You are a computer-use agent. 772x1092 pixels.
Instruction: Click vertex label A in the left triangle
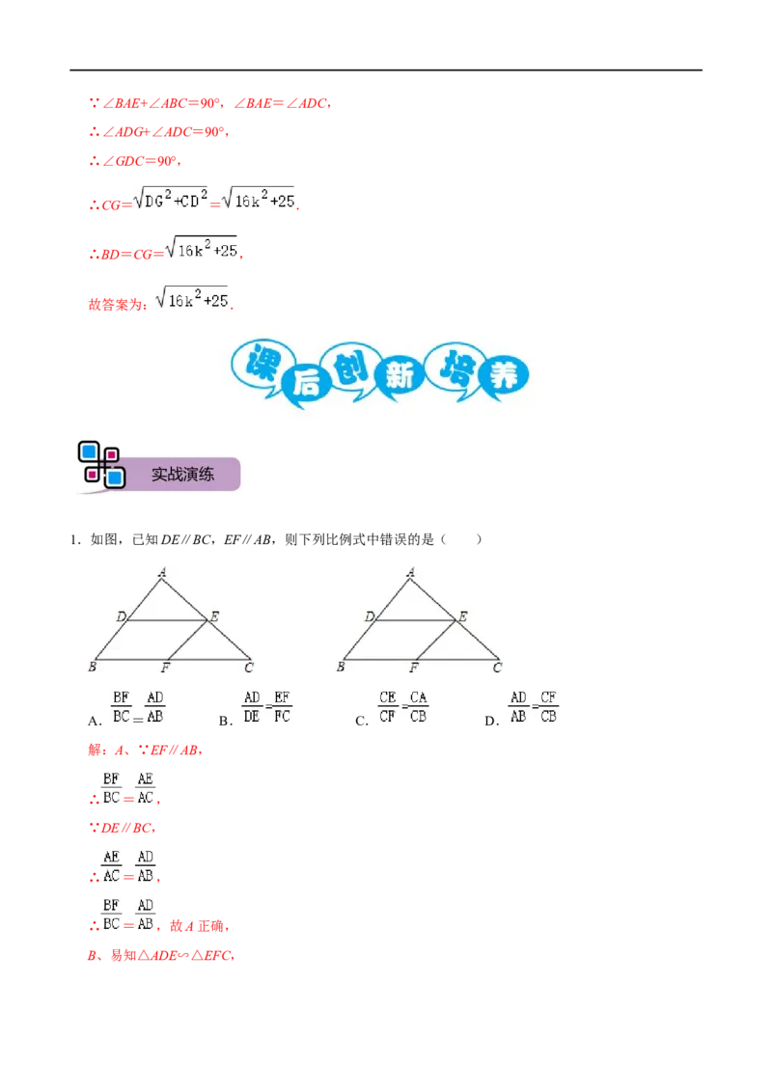coord(162,572)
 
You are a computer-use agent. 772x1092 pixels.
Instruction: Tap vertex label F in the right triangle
coord(414,668)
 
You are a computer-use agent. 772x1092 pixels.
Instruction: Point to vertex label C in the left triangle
coord(249,668)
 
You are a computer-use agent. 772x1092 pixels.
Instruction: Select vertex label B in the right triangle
coord(341,667)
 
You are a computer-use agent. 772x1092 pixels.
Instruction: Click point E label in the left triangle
coord(214,616)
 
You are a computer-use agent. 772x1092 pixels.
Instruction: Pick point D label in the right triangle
coord(370,616)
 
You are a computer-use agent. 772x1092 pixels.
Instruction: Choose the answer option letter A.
coord(94,721)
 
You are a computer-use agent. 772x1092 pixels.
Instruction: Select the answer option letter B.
coord(224,721)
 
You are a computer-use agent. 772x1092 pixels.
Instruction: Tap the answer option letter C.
coord(360,721)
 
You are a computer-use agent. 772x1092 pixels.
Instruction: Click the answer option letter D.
coord(490,721)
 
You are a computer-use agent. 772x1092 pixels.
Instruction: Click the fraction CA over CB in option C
coord(418,707)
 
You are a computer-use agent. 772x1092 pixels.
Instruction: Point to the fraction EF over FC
coord(282,707)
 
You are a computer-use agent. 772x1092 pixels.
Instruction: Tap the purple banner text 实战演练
coord(182,475)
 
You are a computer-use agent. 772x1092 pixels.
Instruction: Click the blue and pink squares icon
coord(101,465)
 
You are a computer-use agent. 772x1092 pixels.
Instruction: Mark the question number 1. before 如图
coord(75,540)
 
